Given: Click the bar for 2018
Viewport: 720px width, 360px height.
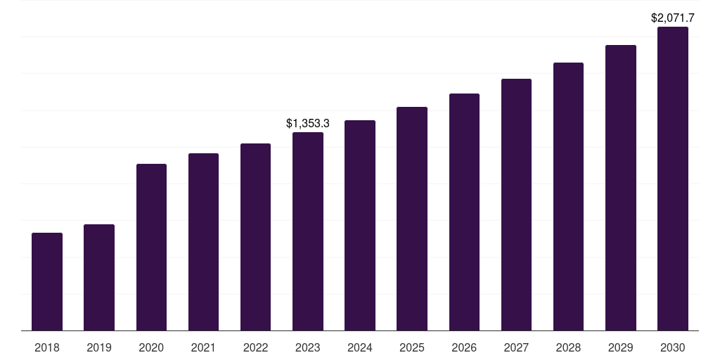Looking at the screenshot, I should click(x=47, y=281).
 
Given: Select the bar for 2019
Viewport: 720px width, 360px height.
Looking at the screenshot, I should click(x=99, y=277).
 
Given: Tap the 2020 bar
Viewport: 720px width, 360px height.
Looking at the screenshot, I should click(x=151, y=247).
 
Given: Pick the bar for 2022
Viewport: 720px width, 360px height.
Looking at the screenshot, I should click(x=255, y=237).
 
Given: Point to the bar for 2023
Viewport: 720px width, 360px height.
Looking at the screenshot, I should click(x=308, y=231).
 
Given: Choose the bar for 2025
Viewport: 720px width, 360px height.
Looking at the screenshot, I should click(x=412, y=219).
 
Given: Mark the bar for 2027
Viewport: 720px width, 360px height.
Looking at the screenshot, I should click(x=516, y=205).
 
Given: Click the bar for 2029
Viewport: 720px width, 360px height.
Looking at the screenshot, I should click(x=621, y=188).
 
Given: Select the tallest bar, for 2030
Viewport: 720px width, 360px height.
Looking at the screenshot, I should click(x=673, y=179).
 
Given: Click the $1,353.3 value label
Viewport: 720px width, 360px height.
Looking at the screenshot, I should click(x=308, y=123).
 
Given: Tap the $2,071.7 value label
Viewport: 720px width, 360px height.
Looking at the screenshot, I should click(x=673, y=18).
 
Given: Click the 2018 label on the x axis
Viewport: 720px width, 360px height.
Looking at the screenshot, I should click(x=47, y=347).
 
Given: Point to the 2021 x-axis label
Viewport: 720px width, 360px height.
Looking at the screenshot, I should click(x=203, y=347).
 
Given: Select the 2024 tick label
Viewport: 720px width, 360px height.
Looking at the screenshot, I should click(x=360, y=347).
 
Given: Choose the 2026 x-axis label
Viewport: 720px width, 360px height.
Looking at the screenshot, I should click(x=464, y=347).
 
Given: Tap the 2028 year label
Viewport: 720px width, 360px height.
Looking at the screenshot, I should click(x=568, y=347).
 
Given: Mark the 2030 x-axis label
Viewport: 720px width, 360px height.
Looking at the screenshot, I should click(x=673, y=347).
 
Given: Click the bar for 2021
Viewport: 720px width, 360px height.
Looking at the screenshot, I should click(x=203, y=242).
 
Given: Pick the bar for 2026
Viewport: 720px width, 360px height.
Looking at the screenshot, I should click(x=464, y=212).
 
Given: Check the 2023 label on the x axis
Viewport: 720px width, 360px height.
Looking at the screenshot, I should click(x=308, y=347).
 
